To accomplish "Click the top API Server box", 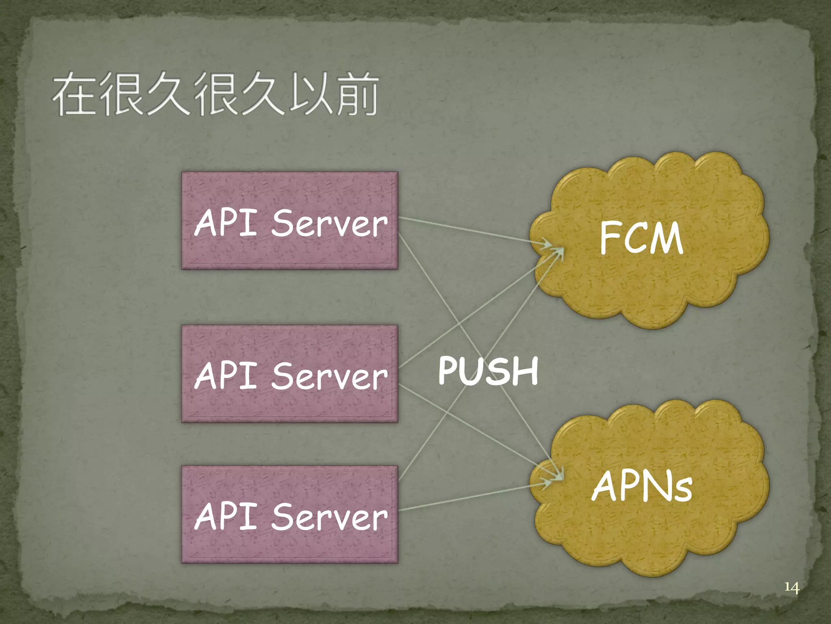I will tap(289, 221).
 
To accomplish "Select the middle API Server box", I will tap(289, 374).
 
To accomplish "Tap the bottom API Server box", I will tap(289, 514).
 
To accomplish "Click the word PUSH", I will tap(488, 370).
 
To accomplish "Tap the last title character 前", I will tap(357, 94).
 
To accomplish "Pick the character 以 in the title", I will tap(310, 94).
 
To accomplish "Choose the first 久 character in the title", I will tap(167, 94).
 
